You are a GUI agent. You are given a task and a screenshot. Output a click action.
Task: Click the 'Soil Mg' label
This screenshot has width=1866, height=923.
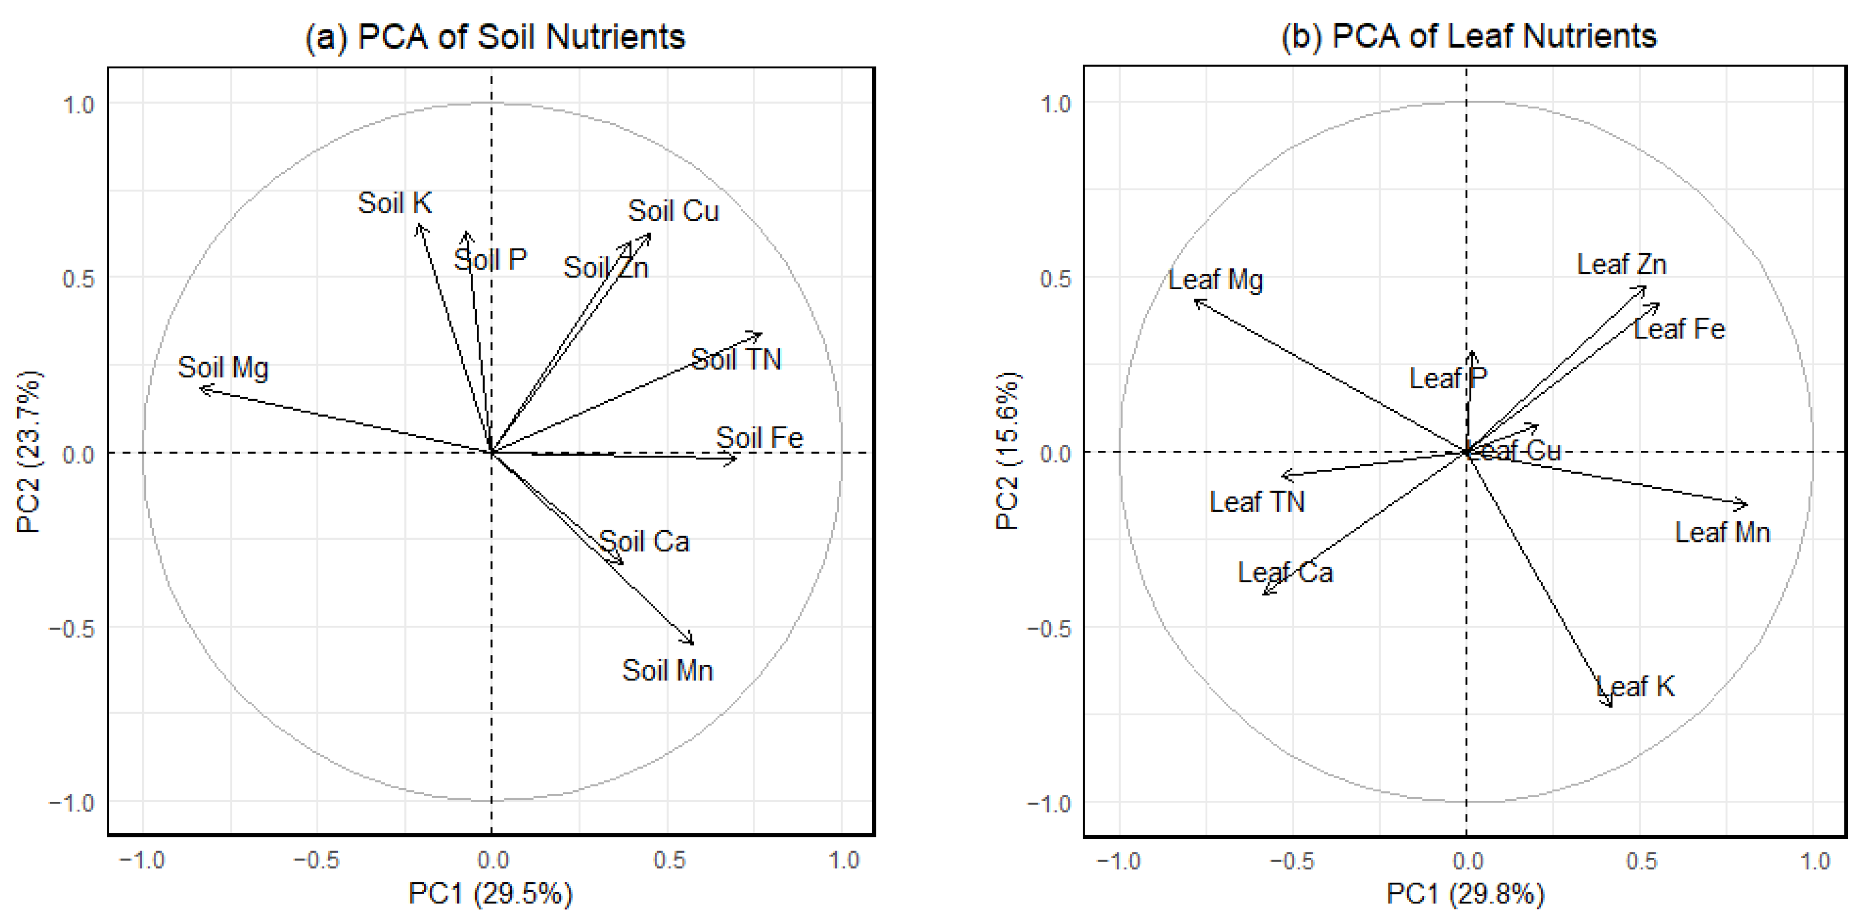[223, 367]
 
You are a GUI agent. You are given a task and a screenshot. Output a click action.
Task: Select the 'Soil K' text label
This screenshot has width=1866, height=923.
[395, 203]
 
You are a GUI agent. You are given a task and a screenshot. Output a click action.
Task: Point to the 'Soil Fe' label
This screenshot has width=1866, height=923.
[759, 438]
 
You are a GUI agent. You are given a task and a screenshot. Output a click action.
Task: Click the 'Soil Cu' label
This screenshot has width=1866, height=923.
[673, 211]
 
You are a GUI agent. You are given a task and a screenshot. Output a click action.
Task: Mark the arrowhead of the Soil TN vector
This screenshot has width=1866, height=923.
[761, 334]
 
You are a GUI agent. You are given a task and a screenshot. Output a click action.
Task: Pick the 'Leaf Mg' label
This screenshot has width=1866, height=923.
[1215, 280]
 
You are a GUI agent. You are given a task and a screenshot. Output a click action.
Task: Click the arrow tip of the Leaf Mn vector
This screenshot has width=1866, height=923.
[1747, 504]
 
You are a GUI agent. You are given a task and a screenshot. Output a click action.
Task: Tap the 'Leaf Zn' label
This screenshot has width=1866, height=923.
[1622, 264]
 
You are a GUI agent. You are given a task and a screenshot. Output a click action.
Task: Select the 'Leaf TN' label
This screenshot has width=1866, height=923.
[1257, 501]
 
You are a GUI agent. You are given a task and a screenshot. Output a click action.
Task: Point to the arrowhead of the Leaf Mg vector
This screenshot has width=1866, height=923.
[1195, 300]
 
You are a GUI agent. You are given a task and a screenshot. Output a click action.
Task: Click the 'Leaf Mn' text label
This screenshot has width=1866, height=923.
[1722, 532]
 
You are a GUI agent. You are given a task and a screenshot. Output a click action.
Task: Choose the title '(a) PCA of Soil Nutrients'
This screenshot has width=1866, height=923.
[495, 36]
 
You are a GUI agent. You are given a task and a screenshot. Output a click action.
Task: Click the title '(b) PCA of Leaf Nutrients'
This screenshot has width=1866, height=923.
[1468, 35]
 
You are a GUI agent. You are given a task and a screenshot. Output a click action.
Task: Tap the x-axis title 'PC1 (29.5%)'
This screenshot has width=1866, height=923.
[491, 893]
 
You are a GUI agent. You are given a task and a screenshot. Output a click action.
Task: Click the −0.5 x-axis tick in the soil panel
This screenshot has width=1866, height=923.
[317, 860]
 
